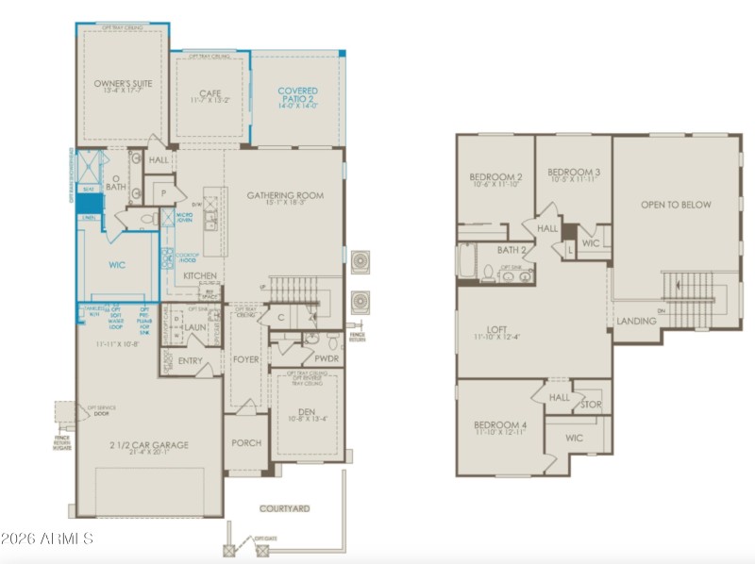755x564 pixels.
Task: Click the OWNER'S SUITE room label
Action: point(123,84)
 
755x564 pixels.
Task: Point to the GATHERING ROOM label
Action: point(285,195)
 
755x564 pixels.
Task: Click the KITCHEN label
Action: point(200,275)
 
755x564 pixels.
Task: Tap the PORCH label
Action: point(246,442)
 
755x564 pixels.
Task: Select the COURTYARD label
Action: point(284,508)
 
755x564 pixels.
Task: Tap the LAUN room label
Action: point(195,327)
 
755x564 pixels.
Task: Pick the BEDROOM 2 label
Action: point(495,176)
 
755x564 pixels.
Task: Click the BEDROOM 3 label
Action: point(574,172)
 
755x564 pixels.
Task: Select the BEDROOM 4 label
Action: point(500,425)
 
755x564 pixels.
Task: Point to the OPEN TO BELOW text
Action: point(676,204)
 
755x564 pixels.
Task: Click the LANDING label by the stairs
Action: point(636,321)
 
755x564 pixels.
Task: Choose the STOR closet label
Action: point(590,404)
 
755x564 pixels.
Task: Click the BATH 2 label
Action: point(511,250)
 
